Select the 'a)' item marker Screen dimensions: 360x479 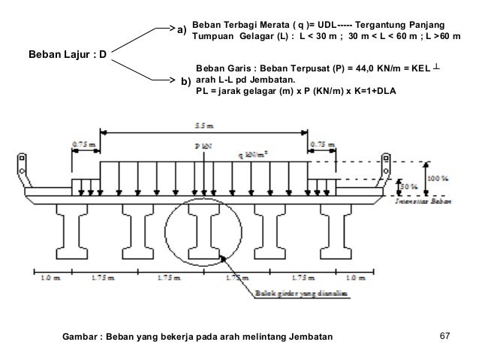[x=181, y=31]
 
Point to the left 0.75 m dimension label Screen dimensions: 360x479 [x=83, y=141]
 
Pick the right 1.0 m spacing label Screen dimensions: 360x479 [x=360, y=280]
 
